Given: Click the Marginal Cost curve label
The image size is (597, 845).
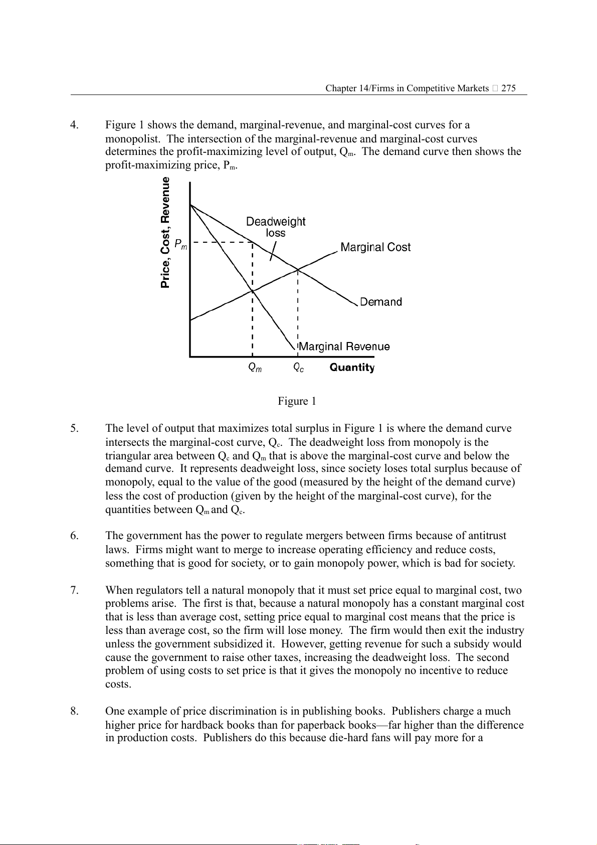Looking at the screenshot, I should pyautogui.click(x=375, y=247).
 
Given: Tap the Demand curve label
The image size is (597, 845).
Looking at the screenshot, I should pyautogui.click(x=381, y=302).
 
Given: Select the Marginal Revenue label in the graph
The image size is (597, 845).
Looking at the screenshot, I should pyautogui.click(x=344, y=347).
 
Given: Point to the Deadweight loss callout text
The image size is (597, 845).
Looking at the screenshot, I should pyautogui.click(x=276, y=227).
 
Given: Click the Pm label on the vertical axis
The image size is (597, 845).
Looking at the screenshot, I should pyautogui.click(x=180, y=244).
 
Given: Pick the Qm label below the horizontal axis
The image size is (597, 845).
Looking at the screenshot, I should pyautogui.click(x=255, y=368).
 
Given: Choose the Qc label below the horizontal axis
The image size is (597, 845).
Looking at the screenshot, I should pyautogui.click(x=299, y=368).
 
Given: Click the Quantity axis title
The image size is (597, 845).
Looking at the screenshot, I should pyautogui.click(x=352, y=368).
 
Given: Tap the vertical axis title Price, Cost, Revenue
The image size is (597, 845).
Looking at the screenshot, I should pyautogui.click(x=165, y=233).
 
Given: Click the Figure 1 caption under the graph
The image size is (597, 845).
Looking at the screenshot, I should pyautogui.click(x=297, y=401).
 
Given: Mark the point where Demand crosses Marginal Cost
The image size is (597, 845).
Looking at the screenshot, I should pyautogui.click(x=298, y=270).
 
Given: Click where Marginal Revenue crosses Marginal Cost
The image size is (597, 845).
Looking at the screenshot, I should pyautogui.click(x=252, y=291).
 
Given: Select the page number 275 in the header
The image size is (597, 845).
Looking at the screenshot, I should pyautogui.click(x=508, y=88).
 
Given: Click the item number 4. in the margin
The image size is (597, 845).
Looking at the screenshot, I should pyautogui.click(x=74, y=125).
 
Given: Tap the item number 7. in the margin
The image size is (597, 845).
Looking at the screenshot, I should pyautogui.click(x=74, y=590).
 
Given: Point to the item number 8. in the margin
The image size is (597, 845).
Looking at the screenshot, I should pyautogui.click(x=74, y=711).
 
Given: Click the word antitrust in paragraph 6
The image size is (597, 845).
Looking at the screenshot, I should pyautogui.click(x=487, y=536).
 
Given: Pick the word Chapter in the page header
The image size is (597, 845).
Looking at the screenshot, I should pyautogui.click(x=341, y=88).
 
